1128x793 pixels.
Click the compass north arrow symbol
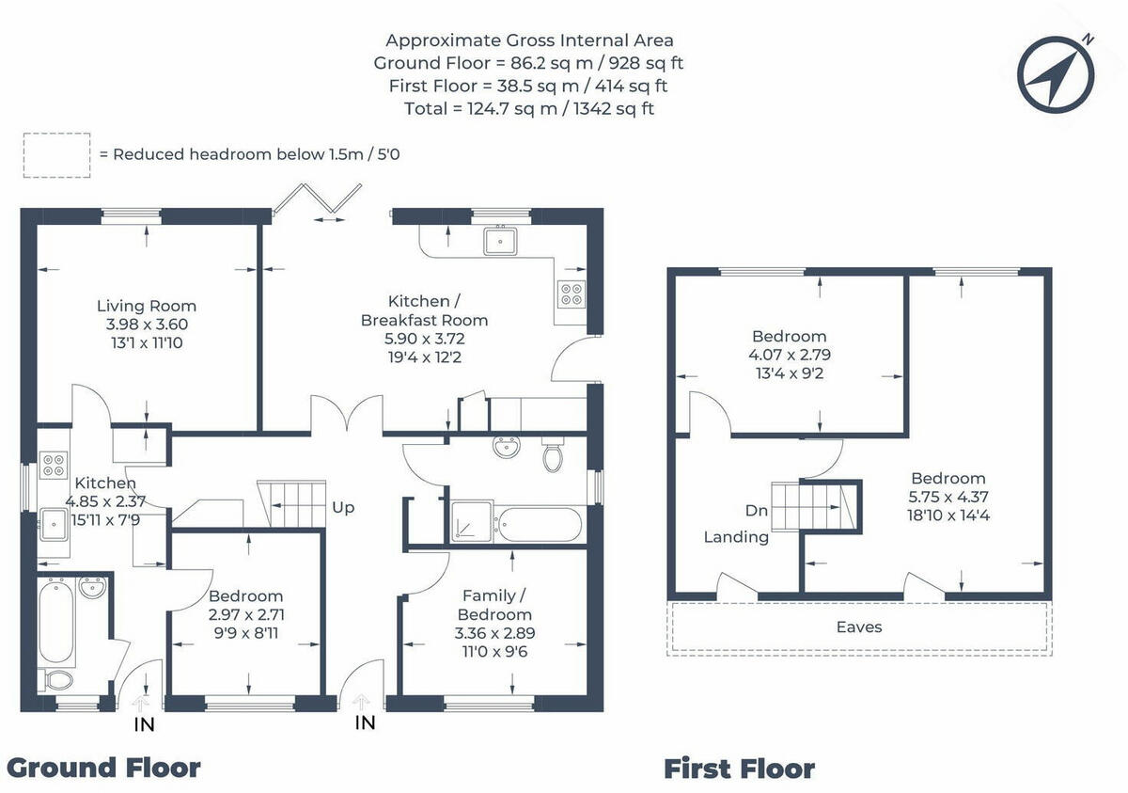coord(1056,74)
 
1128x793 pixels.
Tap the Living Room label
coord(147,306)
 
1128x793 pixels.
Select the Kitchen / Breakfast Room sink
coord(500,242)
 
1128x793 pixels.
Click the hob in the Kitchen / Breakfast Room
coord(572,293)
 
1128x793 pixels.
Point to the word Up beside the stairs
coord(343,508)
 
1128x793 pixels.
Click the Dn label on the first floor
coord(757,511)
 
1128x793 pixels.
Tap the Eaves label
coord(859,626)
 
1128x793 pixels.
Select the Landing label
coord(736,537)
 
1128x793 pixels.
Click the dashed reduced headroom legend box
coord(57,155)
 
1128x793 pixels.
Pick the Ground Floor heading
coord(103,769)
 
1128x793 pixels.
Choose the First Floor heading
coord(739,769)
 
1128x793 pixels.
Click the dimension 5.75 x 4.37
coord(948,497)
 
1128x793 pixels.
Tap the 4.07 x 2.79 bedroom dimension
coord(790,355)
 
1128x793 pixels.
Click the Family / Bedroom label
coord(494,605)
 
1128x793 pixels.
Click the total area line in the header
coord(528,109)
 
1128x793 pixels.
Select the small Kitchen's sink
coord(54,525)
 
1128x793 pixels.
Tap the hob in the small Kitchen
coord(54,465)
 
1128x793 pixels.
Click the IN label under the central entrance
coord(365,723)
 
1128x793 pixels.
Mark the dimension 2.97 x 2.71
coord(246,614)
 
